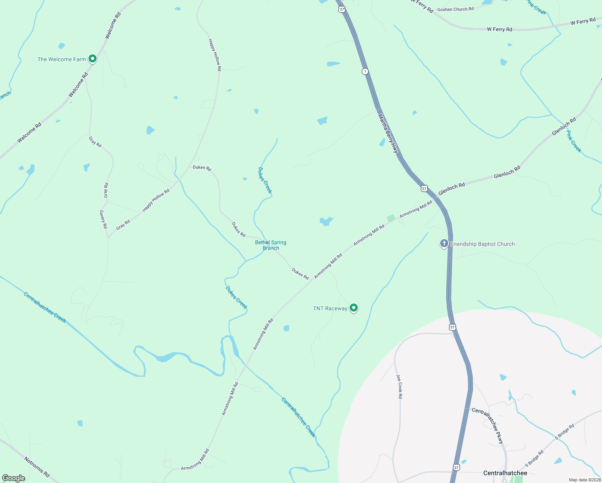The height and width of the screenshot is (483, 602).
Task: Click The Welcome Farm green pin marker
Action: tap(92, 59)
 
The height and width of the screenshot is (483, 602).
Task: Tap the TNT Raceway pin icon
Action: tap(354, 308)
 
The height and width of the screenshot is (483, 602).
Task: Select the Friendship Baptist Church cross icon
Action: tap(444, 244)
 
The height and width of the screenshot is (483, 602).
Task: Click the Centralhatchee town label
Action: tap(505, 473)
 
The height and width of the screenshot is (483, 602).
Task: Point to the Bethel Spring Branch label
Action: tap(271, 245)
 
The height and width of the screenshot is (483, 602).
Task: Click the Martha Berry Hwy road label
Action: tap(388, 133)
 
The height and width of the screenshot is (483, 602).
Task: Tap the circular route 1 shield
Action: tap(365, 71)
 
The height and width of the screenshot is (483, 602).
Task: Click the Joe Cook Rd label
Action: tap(399, 386)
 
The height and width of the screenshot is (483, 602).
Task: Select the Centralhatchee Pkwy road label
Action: tap(488, 425)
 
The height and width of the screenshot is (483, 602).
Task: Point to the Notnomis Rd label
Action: tap(37, 467)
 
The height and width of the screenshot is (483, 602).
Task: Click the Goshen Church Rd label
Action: tap(455, 9)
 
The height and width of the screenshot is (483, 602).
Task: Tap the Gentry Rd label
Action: tap(103, 219)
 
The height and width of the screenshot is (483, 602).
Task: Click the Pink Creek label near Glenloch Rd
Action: tap(574, 141)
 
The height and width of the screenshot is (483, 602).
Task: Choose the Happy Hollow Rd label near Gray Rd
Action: tap(156, 200)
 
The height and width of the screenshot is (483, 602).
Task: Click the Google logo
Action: tap(14, 478)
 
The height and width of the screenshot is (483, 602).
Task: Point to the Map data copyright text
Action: tap(584, 480)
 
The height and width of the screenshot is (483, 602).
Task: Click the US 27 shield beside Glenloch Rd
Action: tap(424, 188)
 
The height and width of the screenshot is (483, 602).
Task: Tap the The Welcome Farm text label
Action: tap(62, 59)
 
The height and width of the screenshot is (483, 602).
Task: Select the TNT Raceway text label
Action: tap(330, 308)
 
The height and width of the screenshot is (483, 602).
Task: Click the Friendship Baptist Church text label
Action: tap(482, 244)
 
